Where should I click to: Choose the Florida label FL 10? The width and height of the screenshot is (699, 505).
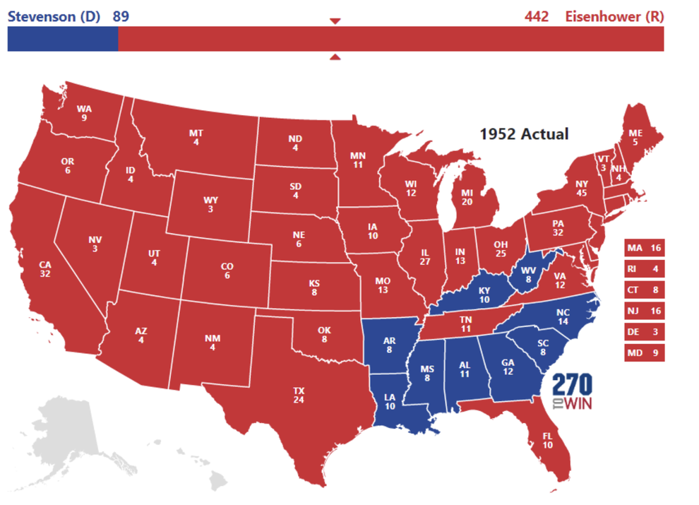(548, 440)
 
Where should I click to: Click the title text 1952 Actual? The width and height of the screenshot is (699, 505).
(524, 133)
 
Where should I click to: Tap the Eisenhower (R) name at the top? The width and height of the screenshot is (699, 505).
(614, 16)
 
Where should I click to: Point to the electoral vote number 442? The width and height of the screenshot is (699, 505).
(537, 16)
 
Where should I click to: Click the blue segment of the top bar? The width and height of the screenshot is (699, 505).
(62, 39)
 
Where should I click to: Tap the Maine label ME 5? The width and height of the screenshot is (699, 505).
(635, 136)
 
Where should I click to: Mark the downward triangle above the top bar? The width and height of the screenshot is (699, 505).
(335, 21)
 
